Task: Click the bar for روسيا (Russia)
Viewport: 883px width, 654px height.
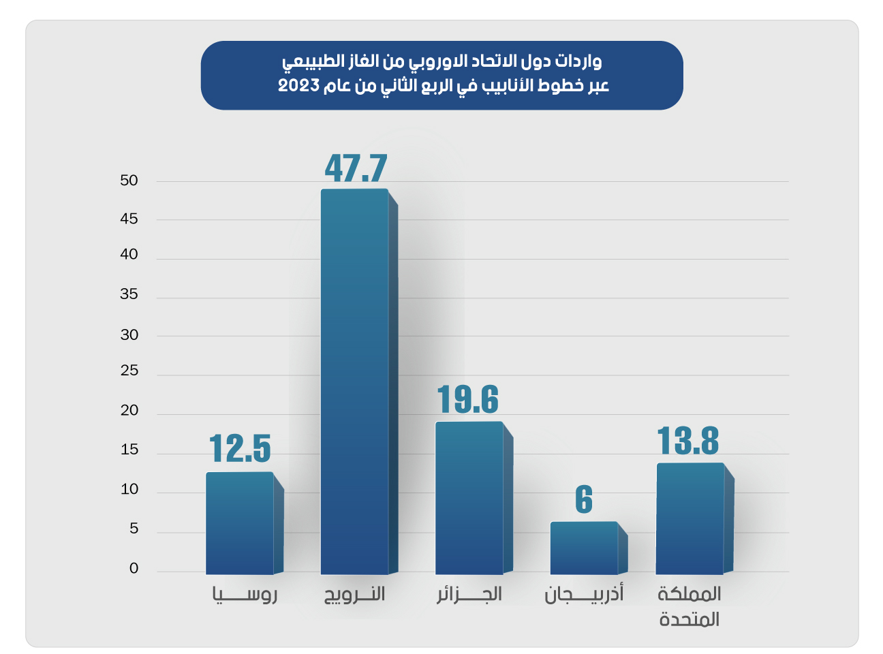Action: [240, 523]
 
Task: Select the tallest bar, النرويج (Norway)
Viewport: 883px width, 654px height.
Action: [354, 381]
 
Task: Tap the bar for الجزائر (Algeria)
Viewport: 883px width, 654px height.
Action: [469, 498]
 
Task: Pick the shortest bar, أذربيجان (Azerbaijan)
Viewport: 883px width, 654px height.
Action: [584, 548]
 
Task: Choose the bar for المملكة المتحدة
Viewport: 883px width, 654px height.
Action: [690, 518]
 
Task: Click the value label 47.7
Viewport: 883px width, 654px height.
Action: [356, 168]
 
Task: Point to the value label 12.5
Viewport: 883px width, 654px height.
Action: [240, 448]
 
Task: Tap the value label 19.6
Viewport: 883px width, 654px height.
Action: [468, 399]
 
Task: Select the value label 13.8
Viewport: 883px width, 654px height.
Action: [688, 441]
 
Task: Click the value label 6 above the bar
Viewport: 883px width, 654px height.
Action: [584, 500]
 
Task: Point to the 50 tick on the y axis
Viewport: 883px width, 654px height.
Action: [129, 181]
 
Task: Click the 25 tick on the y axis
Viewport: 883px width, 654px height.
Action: [129, 371]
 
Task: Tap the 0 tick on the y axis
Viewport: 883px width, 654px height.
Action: [134, 568]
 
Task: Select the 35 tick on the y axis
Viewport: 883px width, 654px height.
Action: [129, 294]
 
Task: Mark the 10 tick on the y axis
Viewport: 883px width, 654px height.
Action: [129, 489]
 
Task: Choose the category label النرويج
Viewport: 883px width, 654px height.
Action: [354, 595]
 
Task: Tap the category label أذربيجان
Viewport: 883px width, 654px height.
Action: [584, 595]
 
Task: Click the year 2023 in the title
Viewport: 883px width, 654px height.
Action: [298, 86]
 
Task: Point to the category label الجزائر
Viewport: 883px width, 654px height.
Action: [469, 595]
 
